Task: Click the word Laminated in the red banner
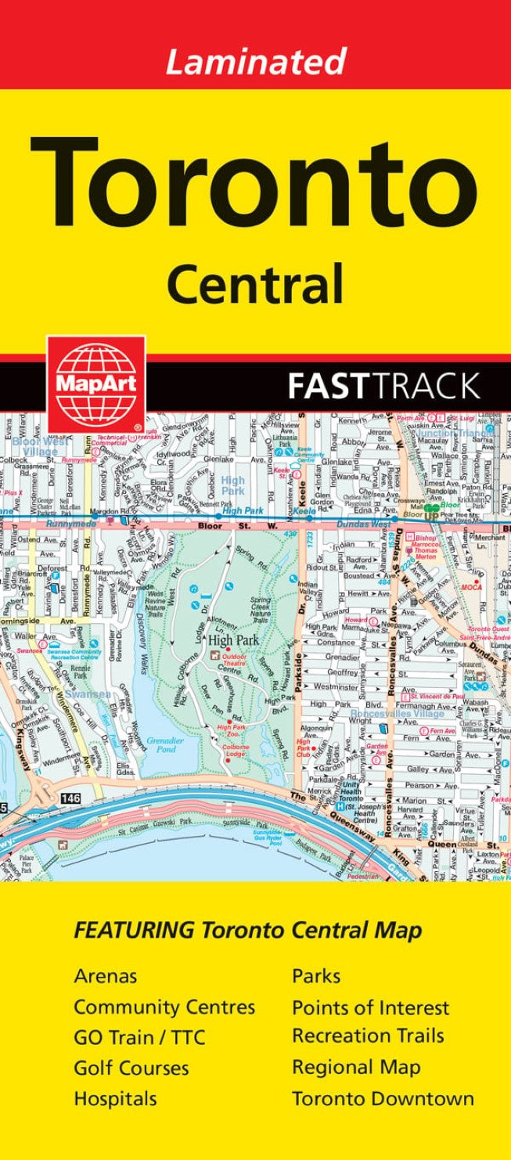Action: tap(255, 61)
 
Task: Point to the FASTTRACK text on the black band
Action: tap(383, 386)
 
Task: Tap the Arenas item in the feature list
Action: tap(106, 976)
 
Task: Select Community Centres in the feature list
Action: tap(164, 1007)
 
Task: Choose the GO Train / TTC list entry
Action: tap(139, 1037)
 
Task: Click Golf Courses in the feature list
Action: tap(131, 1068)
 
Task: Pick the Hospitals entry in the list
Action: tap(115, 1098)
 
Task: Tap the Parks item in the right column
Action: tap(316, 976)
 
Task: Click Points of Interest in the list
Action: tap(370, 1007)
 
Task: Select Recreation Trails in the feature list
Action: tap(368, 1036)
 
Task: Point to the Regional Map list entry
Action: tap(356, 1068)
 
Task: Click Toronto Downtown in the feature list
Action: tap(383, 1098)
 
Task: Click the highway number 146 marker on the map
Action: tap(68, 776)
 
